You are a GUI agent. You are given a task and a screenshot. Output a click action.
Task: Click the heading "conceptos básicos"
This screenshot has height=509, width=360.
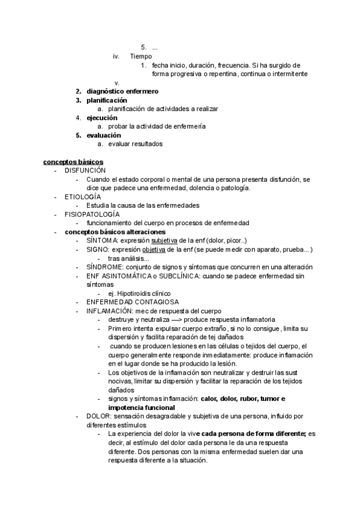(73, 162)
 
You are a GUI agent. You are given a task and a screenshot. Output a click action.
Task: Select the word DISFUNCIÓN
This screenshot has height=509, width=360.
(85, 171)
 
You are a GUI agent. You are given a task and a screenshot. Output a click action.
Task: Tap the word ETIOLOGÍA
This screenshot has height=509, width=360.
(83, 197)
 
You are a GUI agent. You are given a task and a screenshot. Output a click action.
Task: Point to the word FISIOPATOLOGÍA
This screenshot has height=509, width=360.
(92, 214)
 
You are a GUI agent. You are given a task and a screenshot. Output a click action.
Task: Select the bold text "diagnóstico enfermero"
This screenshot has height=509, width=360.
(122, 91)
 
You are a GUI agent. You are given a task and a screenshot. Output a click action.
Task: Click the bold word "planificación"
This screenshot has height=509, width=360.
(107, 100)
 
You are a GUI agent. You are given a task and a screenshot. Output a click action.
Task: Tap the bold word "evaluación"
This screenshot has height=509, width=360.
(104, 135)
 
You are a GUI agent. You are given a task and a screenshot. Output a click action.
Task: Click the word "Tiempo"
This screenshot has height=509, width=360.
(141, 56)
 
